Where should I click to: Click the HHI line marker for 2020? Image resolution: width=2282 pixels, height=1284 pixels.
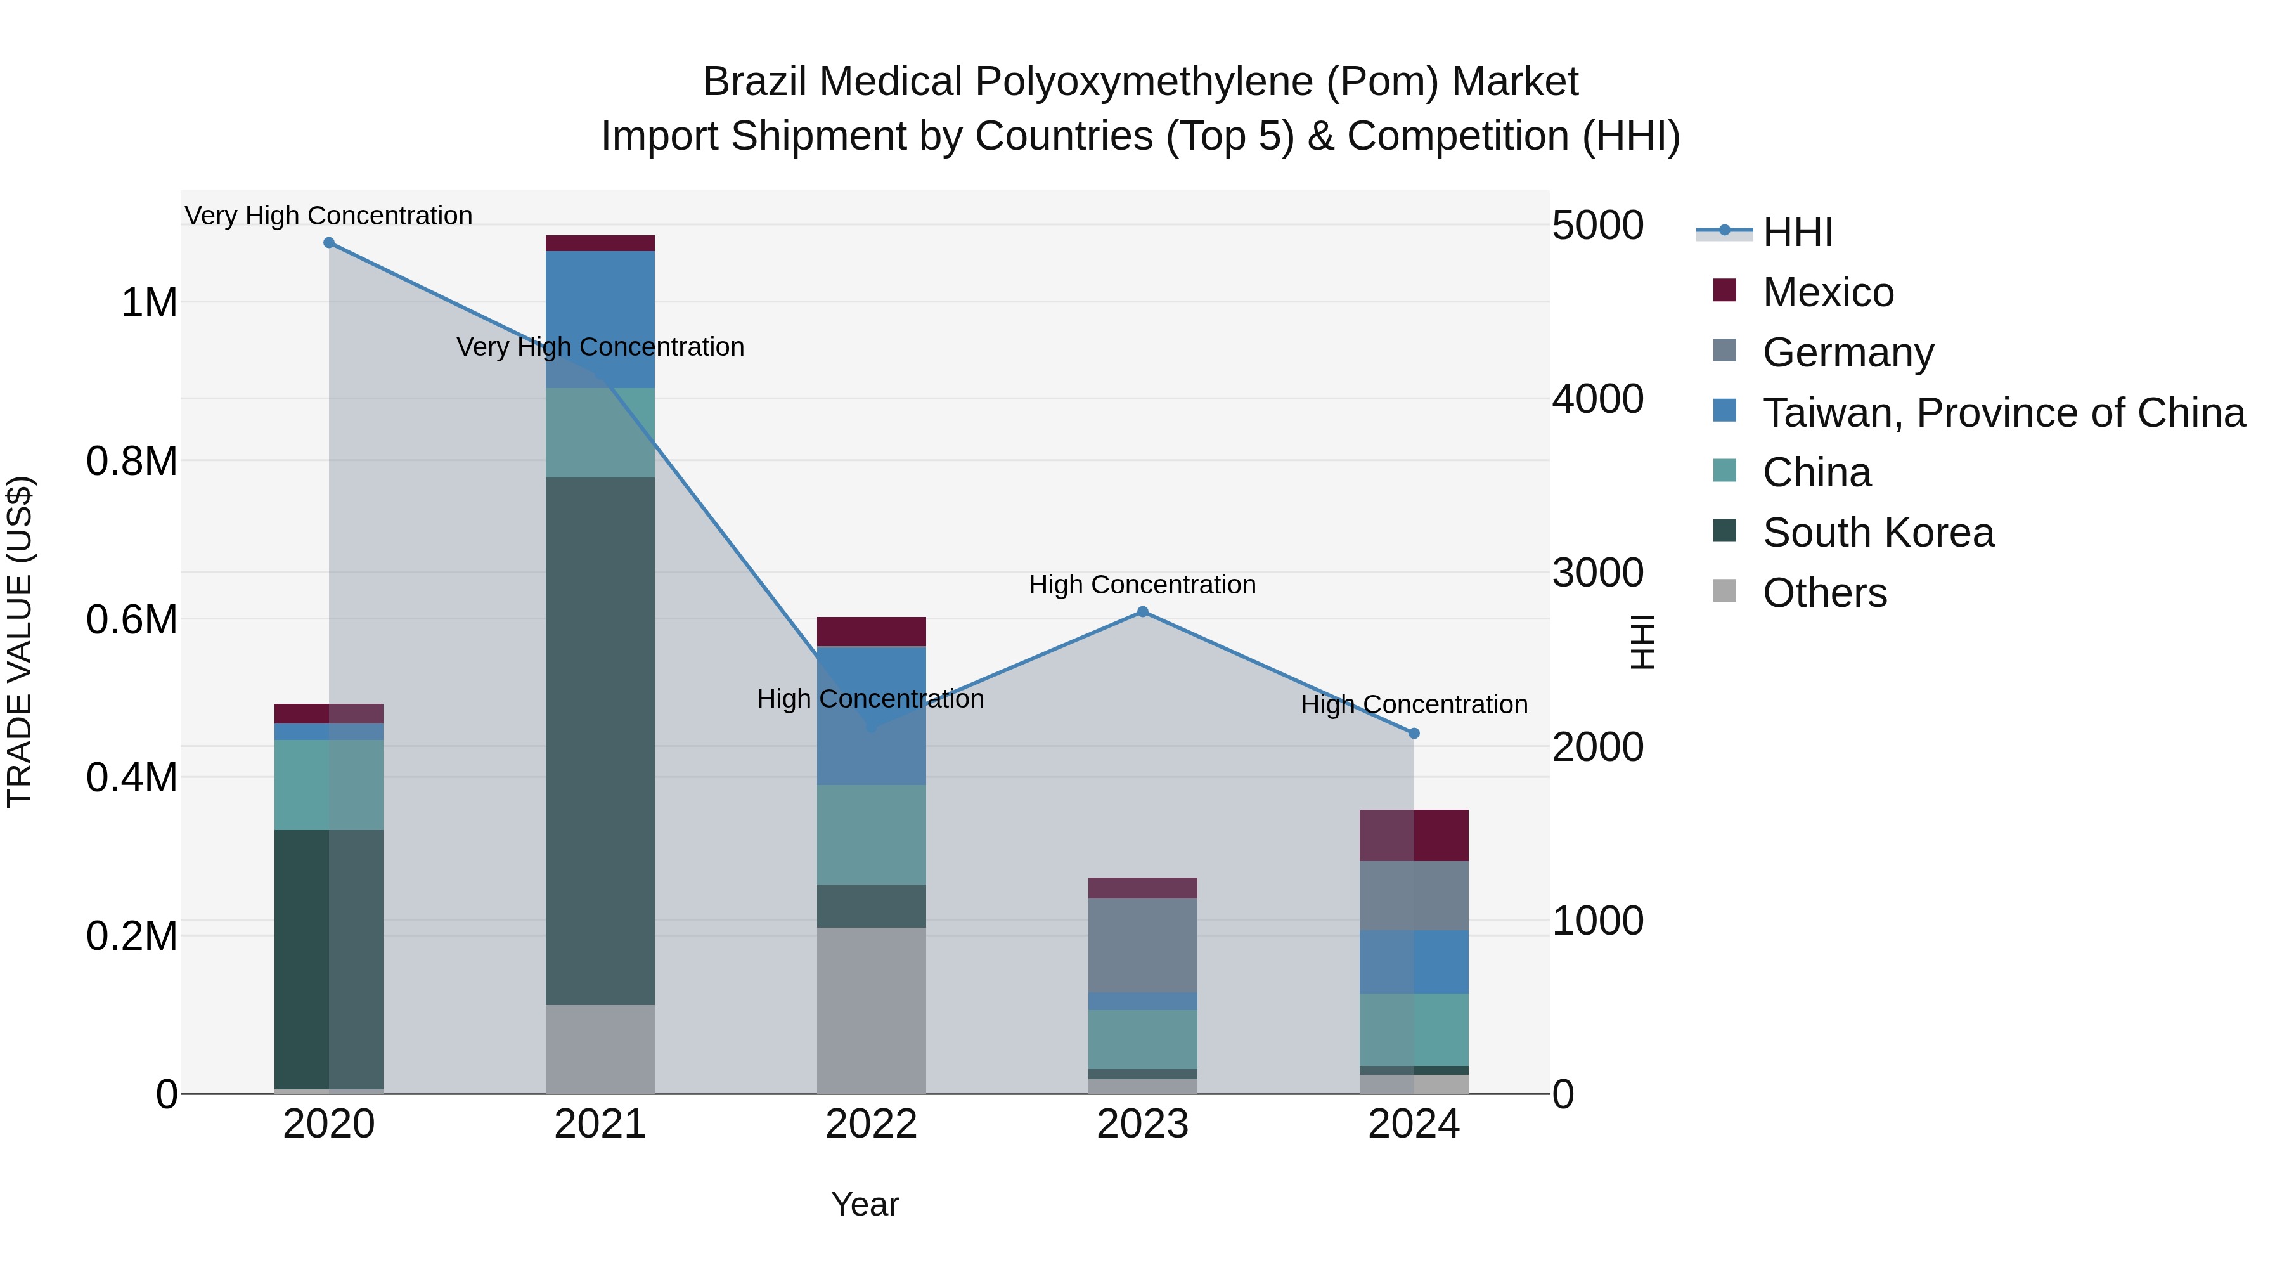click(x=328, y=242)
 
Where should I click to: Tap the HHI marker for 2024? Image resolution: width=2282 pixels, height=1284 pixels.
click(x=1414, y=733)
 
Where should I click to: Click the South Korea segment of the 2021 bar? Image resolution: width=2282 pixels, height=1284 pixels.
click(x=600, y=740)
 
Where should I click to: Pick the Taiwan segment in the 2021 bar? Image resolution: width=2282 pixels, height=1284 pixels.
click(x=600, y=319)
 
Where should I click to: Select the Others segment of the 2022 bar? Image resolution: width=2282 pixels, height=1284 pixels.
click(x=871, y=1010)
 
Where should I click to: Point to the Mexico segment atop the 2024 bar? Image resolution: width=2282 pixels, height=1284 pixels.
click(x=1414, y=834)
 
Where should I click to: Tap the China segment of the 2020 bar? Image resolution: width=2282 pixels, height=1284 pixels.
click(x=328, y=784)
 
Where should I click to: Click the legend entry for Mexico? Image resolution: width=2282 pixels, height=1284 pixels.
click(x=1827, y=292)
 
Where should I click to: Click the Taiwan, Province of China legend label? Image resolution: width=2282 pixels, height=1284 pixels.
click(x=2003, y=413)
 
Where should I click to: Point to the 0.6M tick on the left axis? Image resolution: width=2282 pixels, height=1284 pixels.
click(x=132, y=619)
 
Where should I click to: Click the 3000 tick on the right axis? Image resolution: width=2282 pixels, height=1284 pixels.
click(x=1597, y=573)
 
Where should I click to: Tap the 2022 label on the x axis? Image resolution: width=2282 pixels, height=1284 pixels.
click(x=871, y=1124)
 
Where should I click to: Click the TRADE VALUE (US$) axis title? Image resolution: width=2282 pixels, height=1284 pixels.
click(x=20, y=642)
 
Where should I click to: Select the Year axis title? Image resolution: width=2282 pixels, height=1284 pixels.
click(x=865, y=1204)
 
